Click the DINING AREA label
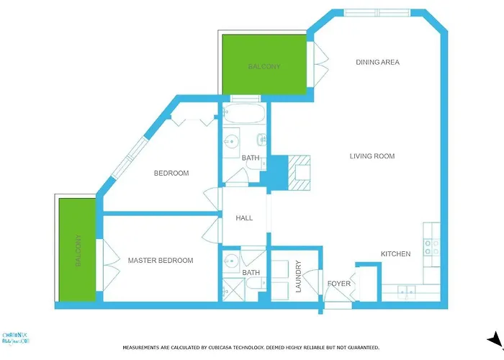pos(377,63)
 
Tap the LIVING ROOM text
pos(372,156)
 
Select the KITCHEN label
pos(396,254)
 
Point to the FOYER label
pos(339,284)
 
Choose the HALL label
pos(245,218)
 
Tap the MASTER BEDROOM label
pos(161,261)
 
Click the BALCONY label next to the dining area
pos(264,66)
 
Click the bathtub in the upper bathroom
pos(243,114)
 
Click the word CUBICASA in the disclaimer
pos(230,348)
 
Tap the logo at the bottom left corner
pos(17,338)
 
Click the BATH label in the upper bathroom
pos(251,158)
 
